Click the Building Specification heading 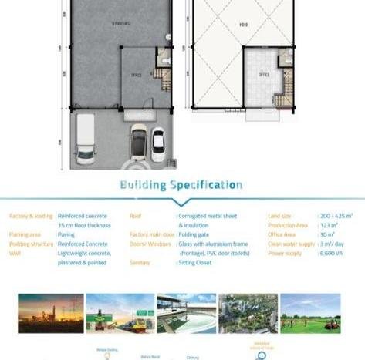coord(181,185)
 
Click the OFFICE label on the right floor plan coord(263,75)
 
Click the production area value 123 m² coord(329,225)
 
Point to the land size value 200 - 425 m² coord(336,216)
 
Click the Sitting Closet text coord(197,263)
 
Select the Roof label coord(136,216)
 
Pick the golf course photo coord(310,312)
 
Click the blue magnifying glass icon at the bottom coord(262,355)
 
